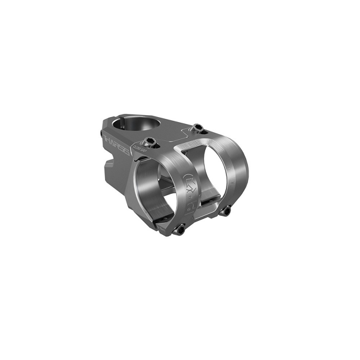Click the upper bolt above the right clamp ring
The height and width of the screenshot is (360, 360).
[x=198, y=130]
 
